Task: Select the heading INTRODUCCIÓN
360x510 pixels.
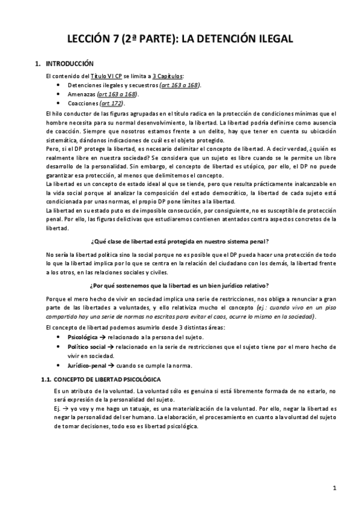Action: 70,63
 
